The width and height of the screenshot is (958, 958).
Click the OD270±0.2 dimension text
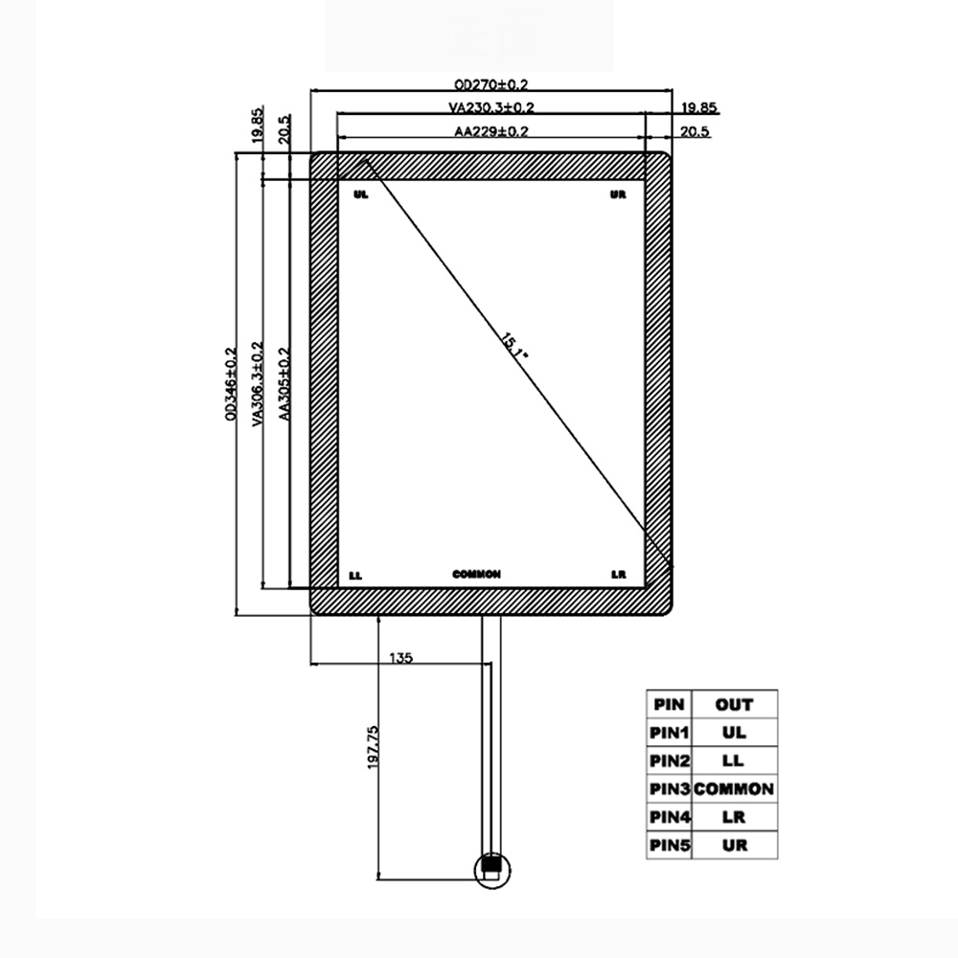coord(491,84)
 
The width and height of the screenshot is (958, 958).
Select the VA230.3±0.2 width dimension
coord(491,108)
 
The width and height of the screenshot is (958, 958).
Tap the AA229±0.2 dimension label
coord(491,132)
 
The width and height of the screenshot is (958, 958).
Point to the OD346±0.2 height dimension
coord(230,384)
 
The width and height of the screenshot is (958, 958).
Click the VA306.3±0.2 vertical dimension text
coord(256,382)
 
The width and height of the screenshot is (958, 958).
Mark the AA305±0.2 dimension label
coord(284,384)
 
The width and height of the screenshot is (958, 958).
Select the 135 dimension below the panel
coord(400,658)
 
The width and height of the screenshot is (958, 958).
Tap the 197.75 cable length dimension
coord(373,746)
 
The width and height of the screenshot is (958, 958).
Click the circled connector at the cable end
coord(493,868)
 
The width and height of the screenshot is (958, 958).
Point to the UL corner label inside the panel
coord(360,194)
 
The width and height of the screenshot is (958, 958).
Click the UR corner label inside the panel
coord(618,194)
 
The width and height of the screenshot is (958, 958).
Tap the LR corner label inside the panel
coord(619,575)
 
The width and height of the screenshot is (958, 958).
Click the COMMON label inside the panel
coord(476,575)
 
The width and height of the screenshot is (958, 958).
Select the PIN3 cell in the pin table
coord(670,789)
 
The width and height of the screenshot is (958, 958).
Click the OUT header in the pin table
coord(734,705)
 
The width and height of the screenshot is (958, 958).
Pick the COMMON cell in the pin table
coord(734,789)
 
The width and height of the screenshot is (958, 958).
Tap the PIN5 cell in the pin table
coord(670,845)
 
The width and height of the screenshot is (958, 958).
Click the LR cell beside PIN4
coord(734,817)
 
